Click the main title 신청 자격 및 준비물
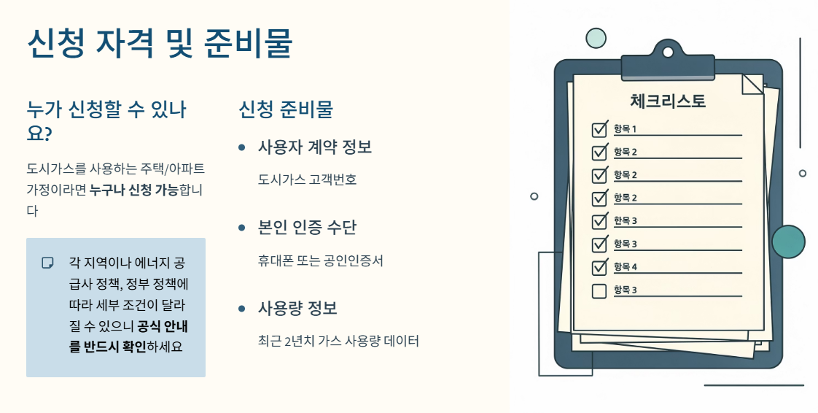click(x=159, y=43)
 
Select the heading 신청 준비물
click(x=286, y=109)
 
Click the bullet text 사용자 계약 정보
click(x=315, y=147)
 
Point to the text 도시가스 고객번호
click(x=308, y=180)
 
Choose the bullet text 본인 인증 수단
click(x=307, y=228)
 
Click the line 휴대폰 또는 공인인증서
click(x=321, y=260)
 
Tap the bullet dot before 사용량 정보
click(x=242, y=309)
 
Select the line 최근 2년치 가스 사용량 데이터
click(x=339, y=341)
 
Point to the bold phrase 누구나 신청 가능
click(x=134, y=190)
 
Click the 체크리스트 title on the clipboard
click(x=667, y=101)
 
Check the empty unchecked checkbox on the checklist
click(x=599, y=291)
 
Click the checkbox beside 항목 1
click(x=599, y=130)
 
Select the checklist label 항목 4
click(x=626, y=266)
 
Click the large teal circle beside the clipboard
click(x=788, y=242)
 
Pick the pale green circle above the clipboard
click(x=596, y=38)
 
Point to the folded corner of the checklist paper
click(x=752, y=84)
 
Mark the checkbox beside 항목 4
click(x=599, y=267)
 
